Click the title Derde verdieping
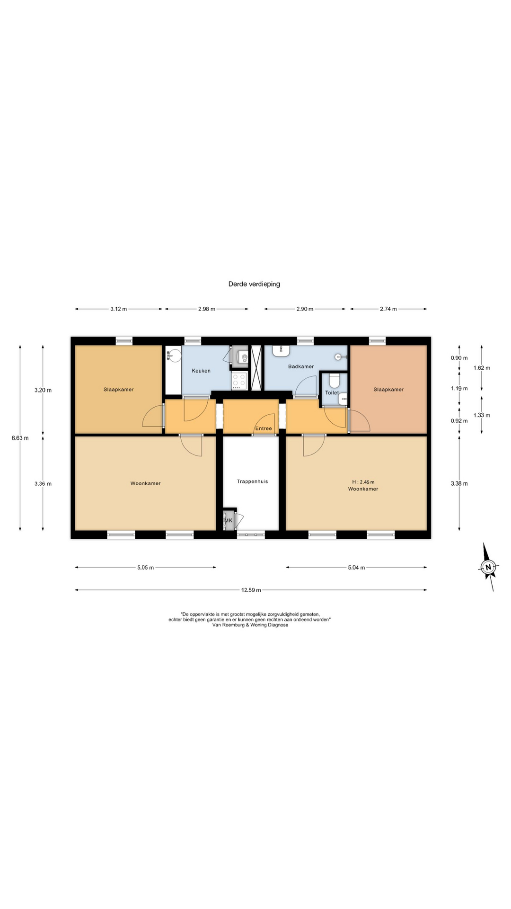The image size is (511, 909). (x=254, y=284)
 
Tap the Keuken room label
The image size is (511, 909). (x=201, y=371)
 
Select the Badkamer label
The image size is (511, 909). (x=301, y=366)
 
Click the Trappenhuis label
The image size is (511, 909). (x=252, y=481)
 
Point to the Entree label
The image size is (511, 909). (x=264, y=428)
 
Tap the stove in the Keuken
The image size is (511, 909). (x=239, y=381)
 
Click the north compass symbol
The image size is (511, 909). (x=488, y=567)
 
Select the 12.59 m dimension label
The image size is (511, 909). (x=251, y=590)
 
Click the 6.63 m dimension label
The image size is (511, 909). (x=20, y=438)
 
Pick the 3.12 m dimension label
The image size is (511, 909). (x=118, y=309)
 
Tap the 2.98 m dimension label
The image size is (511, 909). (x=206, y=309)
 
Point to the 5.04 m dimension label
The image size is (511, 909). (x=356, y=568)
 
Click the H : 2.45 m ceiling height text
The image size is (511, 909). (x=363, y=482)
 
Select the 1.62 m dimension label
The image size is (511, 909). (x=482, y=368)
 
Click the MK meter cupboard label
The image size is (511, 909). (x=229, y=521)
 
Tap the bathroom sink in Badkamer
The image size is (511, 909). (x=281, y=351)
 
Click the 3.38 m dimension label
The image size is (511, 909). (x=459, y=483)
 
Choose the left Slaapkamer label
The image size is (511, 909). (x=119, y=390)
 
